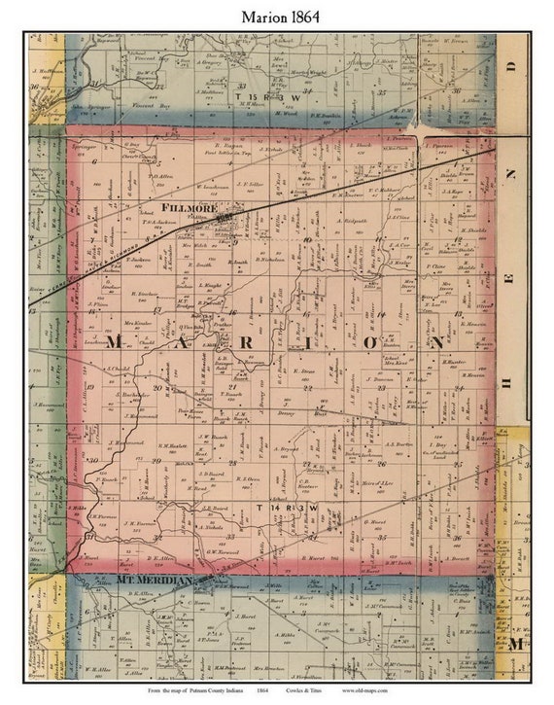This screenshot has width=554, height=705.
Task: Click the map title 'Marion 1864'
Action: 276,16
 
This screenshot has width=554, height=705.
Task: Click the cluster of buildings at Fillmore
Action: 229,223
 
